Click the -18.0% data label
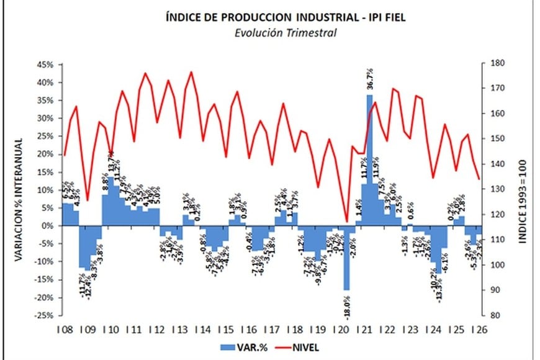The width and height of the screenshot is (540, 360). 346,305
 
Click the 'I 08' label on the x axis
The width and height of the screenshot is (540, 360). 64,329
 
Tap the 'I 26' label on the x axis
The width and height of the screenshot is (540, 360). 479,329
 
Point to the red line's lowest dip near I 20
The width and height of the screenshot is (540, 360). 346,222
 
